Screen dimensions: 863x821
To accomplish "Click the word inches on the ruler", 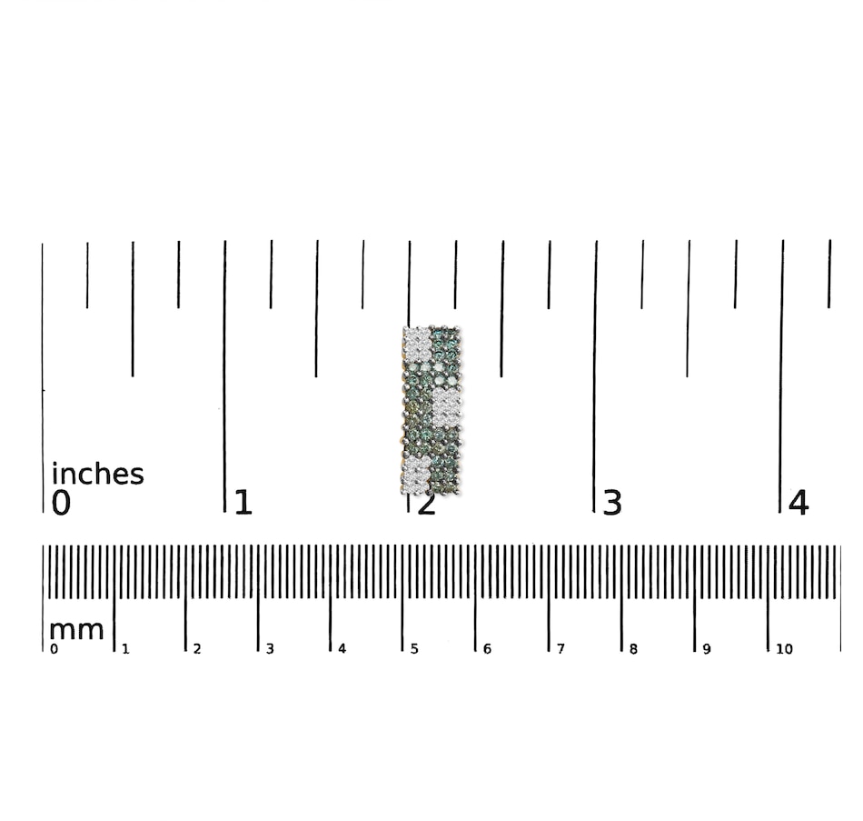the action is click(x=97, y=474).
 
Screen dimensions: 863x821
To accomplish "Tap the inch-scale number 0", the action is click(x=61, y=503).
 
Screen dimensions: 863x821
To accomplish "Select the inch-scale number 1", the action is click(x=243, y=503).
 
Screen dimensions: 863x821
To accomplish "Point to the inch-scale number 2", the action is click(x=427, y=503).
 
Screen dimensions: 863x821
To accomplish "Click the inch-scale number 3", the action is click(x=612, y=503).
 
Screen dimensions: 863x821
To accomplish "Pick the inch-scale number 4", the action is click(x=799, y=503).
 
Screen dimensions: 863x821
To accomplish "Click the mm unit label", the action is click(x=76, y=630).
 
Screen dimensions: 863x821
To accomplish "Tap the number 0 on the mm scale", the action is click(x=54, y=649).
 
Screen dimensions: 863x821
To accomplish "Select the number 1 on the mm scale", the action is click(x=125, y=649).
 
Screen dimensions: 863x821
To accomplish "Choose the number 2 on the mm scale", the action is click(x=197, y=649).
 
